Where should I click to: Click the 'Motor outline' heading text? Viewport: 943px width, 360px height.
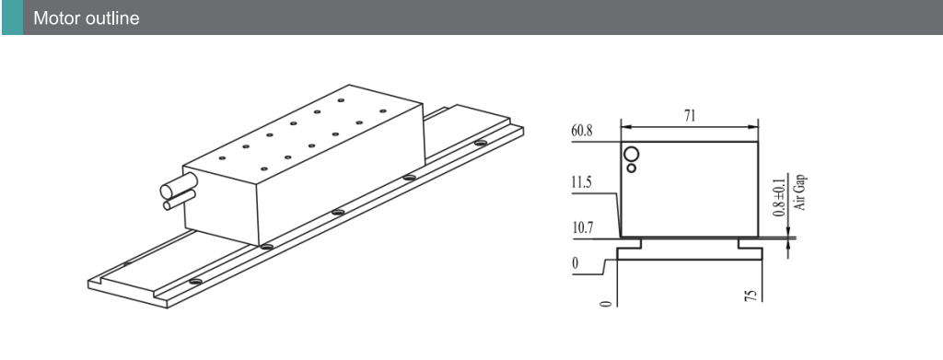click(x=86, y=18)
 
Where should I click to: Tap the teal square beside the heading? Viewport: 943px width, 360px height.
click(x=12, y=17)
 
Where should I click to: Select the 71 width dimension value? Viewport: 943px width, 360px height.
click(x=689, y=116)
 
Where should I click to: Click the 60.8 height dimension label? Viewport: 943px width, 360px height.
click(x=582, y=132)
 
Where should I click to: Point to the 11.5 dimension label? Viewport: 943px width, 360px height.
click(x=582, y=183)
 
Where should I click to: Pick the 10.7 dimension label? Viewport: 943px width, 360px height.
click(x=582, y=229)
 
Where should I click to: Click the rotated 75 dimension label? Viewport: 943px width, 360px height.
click(x=751, y=296)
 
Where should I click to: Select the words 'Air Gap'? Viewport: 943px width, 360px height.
click(x=800, y=192)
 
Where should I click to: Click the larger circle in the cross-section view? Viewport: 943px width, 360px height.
click(x=632, y=154)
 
